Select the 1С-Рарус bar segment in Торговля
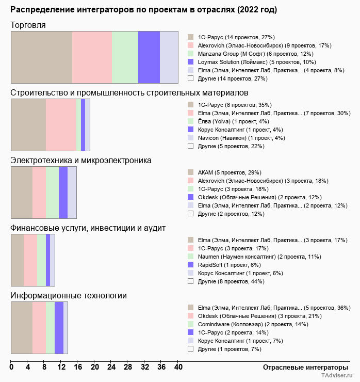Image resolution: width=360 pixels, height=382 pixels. click(41, 57)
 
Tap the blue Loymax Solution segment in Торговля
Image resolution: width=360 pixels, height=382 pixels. click(149, 57)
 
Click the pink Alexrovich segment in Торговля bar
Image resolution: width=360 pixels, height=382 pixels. click(92, 57)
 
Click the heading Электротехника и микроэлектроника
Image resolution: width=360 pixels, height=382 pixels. click(81, 161)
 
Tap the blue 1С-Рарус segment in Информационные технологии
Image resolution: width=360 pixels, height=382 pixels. click(59, 328)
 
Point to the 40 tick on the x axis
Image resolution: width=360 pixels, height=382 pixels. click(178, 368)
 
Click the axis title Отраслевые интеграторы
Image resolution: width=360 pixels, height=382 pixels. click(302, 367)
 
